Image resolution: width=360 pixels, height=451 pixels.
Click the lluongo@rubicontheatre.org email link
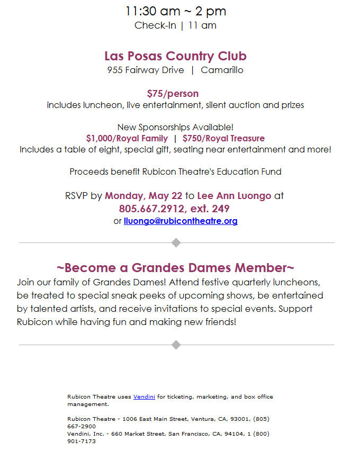181,221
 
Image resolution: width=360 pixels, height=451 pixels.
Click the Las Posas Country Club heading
175,56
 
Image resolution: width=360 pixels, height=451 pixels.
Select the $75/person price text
173,94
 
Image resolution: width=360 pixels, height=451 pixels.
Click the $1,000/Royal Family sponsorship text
127,139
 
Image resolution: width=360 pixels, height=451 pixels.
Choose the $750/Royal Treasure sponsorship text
223,139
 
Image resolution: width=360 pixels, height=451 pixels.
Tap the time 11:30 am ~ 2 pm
175,11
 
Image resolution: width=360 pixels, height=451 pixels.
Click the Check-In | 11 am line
175,25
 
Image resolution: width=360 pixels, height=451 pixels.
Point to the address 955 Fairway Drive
146,70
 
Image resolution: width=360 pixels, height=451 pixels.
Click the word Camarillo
222,70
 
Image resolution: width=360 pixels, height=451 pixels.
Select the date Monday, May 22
143,195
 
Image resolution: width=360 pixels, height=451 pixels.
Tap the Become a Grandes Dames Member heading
175,267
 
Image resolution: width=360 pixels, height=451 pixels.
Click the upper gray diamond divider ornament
176,242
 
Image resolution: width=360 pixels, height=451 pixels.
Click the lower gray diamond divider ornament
176,345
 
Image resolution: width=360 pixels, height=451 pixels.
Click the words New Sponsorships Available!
175,128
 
